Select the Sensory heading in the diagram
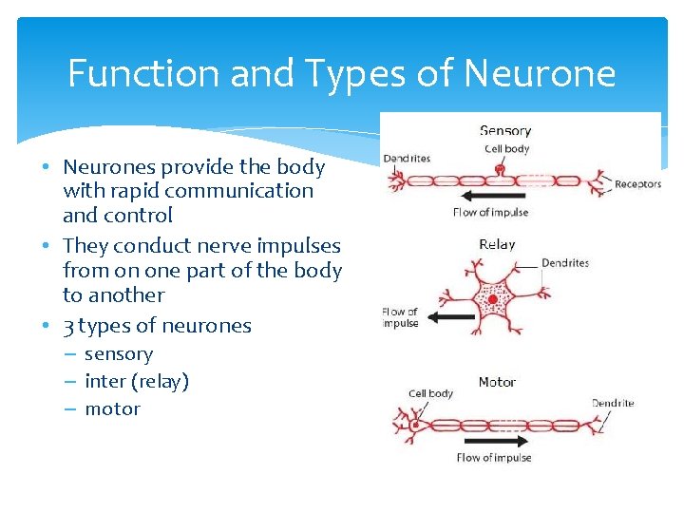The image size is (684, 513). point(504,131)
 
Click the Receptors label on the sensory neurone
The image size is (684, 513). point(637,184)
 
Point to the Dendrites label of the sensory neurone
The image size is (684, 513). point(407,158)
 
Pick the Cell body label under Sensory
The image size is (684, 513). point(506,148)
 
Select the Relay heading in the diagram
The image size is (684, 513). point(497,244)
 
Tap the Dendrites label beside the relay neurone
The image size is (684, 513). point(565,263)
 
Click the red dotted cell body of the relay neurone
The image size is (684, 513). point(491,303)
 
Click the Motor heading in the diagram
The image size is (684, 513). point(496,382)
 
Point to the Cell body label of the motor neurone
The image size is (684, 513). point(430,393)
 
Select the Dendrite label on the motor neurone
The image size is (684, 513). point(613,403)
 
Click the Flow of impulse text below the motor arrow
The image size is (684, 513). point(494,458)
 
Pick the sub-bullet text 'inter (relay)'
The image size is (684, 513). point(137,381)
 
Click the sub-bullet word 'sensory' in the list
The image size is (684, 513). point(119,353)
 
